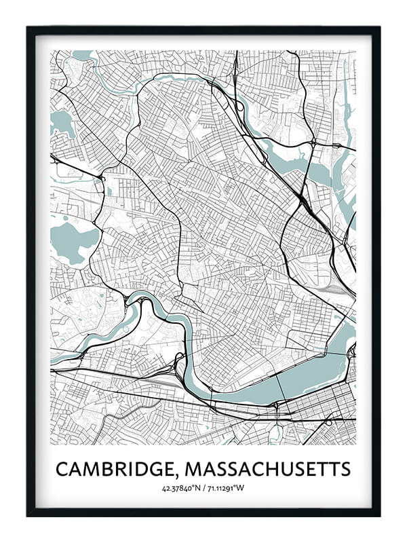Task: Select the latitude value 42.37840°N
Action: pos(181,488)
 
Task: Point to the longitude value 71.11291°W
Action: pos(226,488)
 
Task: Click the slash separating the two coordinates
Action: pos(203,488)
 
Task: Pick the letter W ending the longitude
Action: pos(242,488)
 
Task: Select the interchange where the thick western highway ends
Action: pos(100,179)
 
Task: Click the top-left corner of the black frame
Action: pos(28,28)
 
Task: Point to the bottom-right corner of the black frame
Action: pos(379,515)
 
